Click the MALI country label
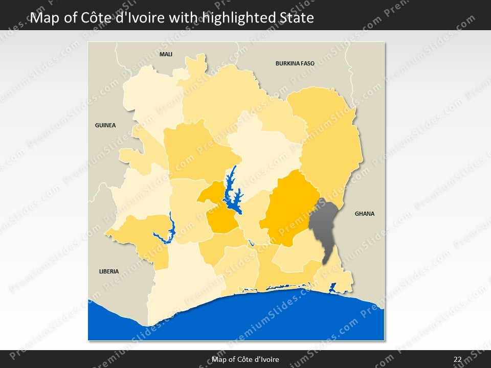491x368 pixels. pos(166,54)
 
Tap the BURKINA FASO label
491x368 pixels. pos(295,64)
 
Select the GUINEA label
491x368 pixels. pos(105,125)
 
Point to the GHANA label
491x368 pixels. pos(365,214)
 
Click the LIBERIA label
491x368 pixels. pos(108,271)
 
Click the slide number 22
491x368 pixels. pos(457,359)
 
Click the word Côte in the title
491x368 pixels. pos(97,18)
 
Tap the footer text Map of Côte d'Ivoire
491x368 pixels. pos(245,359)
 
